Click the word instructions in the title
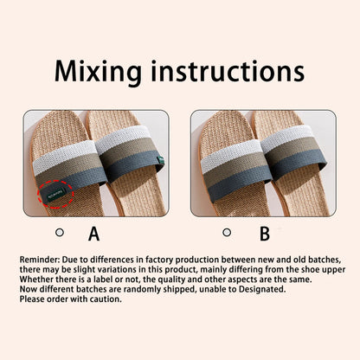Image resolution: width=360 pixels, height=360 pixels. coord(231,70)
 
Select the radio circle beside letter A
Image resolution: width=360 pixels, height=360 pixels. coord(60,232)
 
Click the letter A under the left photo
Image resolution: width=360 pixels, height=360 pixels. coord(94,233)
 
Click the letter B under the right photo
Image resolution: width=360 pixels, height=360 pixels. coord(265,233)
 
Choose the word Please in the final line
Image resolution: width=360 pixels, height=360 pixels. coord(34,299)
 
